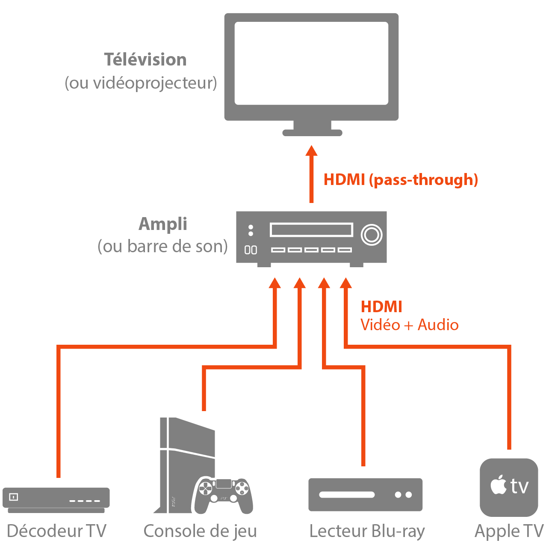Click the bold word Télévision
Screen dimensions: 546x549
tap(145, 60)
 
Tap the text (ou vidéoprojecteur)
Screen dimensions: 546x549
tap(141, 83)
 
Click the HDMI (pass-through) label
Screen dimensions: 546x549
tap(401, 179)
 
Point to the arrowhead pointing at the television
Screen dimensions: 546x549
tap(312, 151)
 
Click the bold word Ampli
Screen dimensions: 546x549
tap(163, 224)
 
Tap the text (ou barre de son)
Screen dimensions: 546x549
tap(162, 247)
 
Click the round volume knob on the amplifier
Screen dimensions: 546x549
tap(371, 235)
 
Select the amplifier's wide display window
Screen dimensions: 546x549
tap(311, 230)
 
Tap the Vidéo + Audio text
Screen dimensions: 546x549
tap(409, 325)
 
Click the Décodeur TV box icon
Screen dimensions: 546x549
tap(56, 499)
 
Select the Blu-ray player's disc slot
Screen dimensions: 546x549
tap(347, 495)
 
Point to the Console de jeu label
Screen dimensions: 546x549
tap(200, 531)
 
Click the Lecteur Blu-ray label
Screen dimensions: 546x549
tap(367, 531)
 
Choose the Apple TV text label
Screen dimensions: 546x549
tap(509, 531)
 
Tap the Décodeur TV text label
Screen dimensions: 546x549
tap(56, 531)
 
